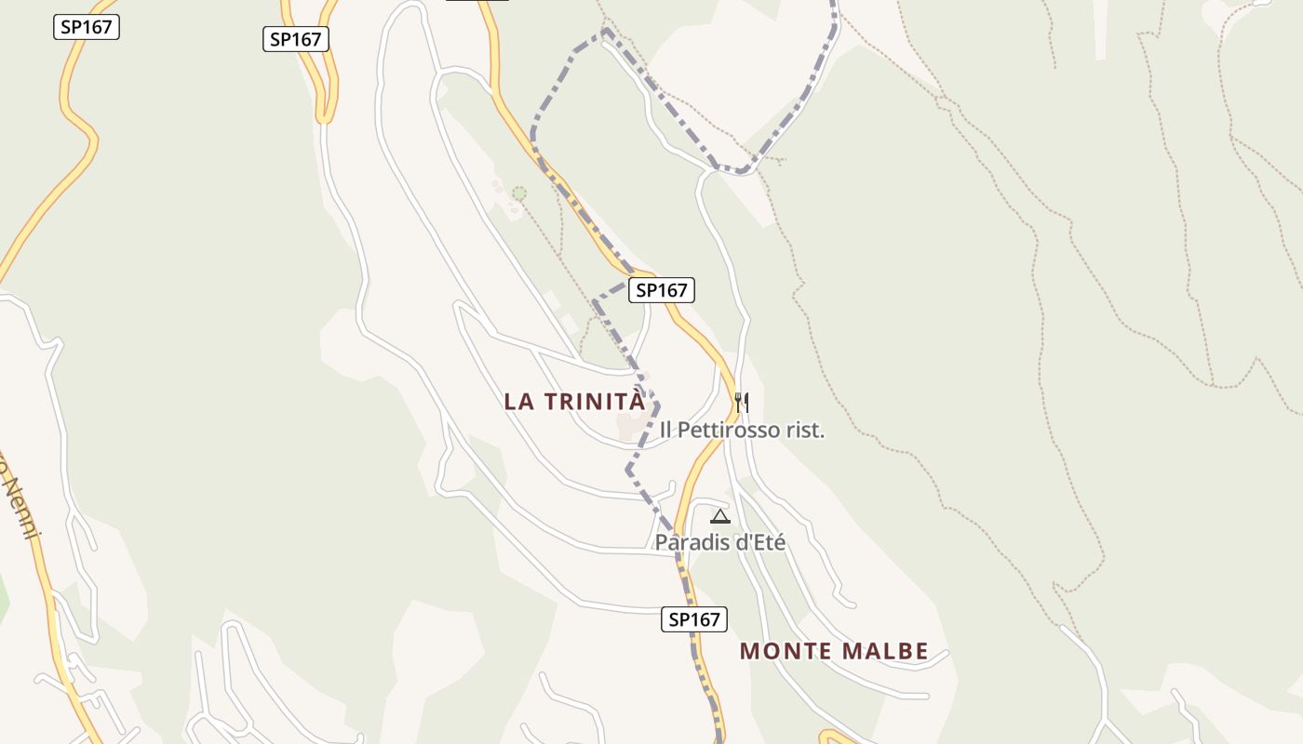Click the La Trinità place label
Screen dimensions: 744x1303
pos(574,402)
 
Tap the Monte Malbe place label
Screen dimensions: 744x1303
pos(834,651)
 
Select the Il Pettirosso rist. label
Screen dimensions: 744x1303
pos(743,430)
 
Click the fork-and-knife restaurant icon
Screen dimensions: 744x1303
pos(741,402)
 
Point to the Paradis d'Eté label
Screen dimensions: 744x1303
pos(720,542)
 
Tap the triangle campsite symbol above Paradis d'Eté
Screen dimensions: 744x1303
pos(719,516)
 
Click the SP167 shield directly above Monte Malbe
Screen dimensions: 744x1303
pos(694,619)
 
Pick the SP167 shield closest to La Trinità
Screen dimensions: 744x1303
pos(662,290)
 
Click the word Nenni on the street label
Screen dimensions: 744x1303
pos(20,508)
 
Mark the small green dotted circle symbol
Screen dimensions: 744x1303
pos(519,193)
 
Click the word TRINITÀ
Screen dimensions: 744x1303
pos(595,402)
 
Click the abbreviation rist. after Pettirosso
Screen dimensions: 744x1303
pos(806,430)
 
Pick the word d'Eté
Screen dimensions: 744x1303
pos(761,542)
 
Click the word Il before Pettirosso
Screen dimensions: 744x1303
pos(666,430)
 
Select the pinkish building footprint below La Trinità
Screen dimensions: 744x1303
pos(633,426)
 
